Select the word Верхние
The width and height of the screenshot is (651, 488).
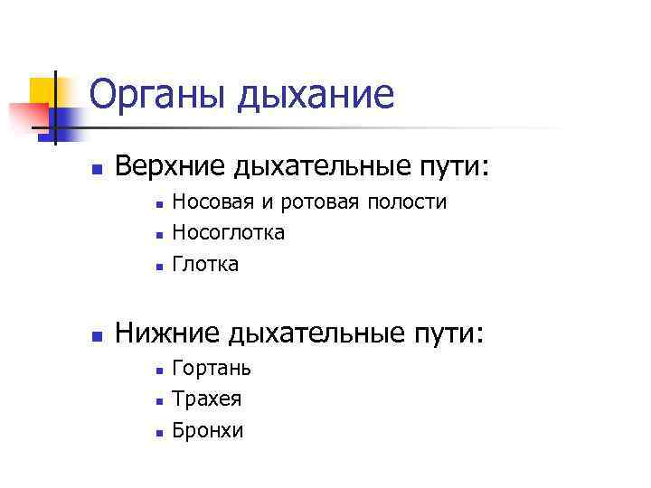point(172,167)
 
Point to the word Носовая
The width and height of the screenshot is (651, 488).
point(206,202)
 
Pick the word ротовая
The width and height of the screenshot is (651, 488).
point(312,202)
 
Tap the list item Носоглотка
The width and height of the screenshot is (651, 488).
point(228,233)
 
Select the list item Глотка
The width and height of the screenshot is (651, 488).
point(205,264)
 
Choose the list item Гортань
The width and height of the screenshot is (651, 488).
point(212,368)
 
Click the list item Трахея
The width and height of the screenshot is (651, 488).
point(207,399)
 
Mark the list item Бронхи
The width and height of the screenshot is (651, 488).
point(208,430)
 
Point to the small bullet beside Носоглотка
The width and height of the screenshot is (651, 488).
point(157,235)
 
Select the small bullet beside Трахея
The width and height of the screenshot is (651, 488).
point(157,400)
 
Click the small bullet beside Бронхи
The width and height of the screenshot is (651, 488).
point(157,432)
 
